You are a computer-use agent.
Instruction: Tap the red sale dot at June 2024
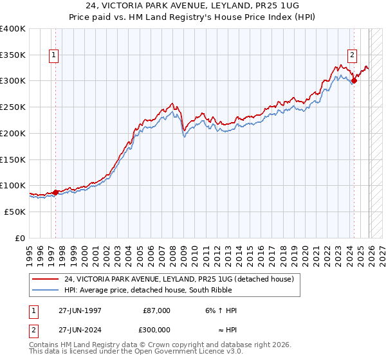[354, 81]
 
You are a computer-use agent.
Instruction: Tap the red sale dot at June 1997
[56, 192]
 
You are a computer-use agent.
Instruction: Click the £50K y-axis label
[15, 212]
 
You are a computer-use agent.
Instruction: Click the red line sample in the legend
[46, 279]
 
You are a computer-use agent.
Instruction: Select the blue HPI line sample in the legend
[46, 290]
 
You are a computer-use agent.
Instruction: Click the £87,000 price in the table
[156, 310]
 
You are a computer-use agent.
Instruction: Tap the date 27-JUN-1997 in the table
[78, 310]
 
